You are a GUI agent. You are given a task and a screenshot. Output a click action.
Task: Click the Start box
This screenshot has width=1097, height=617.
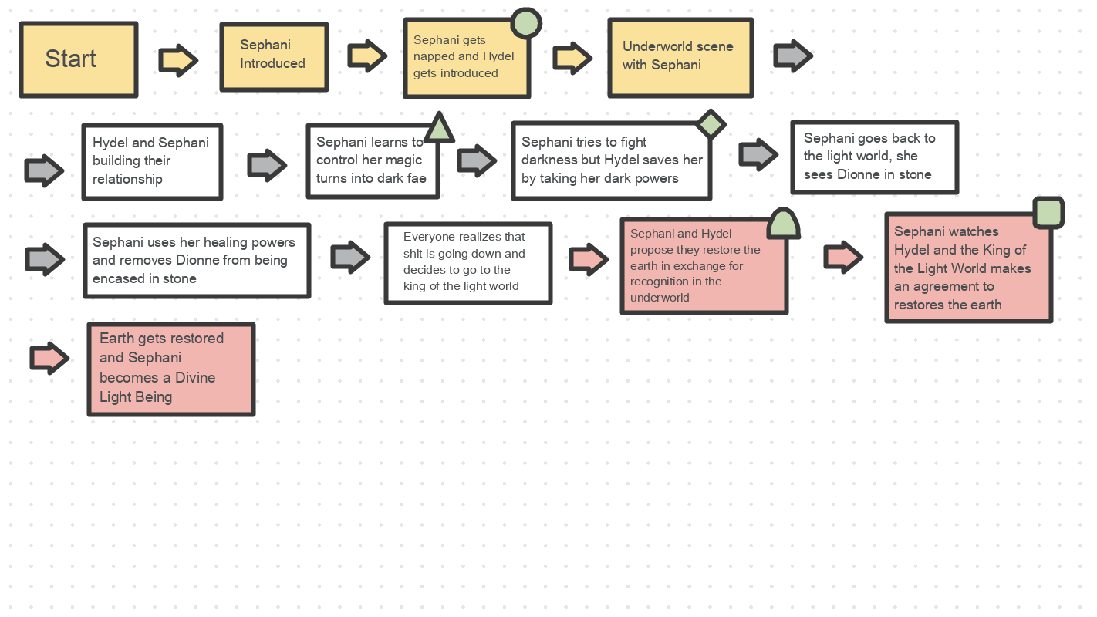tap(78, 59)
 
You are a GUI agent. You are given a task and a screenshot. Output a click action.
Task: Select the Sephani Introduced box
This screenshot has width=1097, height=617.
tap(274, 56)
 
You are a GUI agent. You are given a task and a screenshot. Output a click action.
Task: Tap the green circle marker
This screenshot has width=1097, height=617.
tap(526, 22)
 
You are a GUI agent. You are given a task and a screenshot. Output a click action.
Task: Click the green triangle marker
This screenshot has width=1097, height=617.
tap(438, 128)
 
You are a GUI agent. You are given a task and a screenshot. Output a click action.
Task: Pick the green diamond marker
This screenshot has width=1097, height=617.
tap(711, 124)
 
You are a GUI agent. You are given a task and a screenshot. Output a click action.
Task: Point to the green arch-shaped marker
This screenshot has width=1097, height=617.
tap(783, 224)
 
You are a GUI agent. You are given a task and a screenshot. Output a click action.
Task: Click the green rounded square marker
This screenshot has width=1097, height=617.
tap(1048, 212)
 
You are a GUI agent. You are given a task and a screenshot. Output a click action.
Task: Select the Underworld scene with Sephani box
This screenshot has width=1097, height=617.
tap(680, 58)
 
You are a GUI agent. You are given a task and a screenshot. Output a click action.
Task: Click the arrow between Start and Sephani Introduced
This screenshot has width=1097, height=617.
tap(178, 60)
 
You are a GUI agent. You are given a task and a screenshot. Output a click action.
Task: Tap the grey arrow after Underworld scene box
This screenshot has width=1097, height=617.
tap(792, 56)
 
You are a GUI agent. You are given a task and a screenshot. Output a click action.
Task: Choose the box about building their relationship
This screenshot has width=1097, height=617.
tap(152, 161)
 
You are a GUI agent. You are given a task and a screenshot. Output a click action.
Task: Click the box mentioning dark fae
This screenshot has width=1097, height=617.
tap(373, 161)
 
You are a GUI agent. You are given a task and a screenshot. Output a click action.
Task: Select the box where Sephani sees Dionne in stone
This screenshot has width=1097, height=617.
tap(874, 157)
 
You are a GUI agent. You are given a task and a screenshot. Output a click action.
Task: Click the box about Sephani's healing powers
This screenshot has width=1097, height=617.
tap(197, 261)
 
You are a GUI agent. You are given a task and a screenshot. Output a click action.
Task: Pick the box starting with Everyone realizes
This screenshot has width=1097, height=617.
tap(467, 263)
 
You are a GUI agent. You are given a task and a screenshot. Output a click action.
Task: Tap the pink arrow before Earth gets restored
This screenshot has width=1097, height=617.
tap(49, 358)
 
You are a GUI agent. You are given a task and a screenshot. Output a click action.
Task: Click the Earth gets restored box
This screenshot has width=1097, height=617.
tap(170, 369)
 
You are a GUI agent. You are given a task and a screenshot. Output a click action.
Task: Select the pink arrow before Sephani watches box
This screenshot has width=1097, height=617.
tap(842, 257)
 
